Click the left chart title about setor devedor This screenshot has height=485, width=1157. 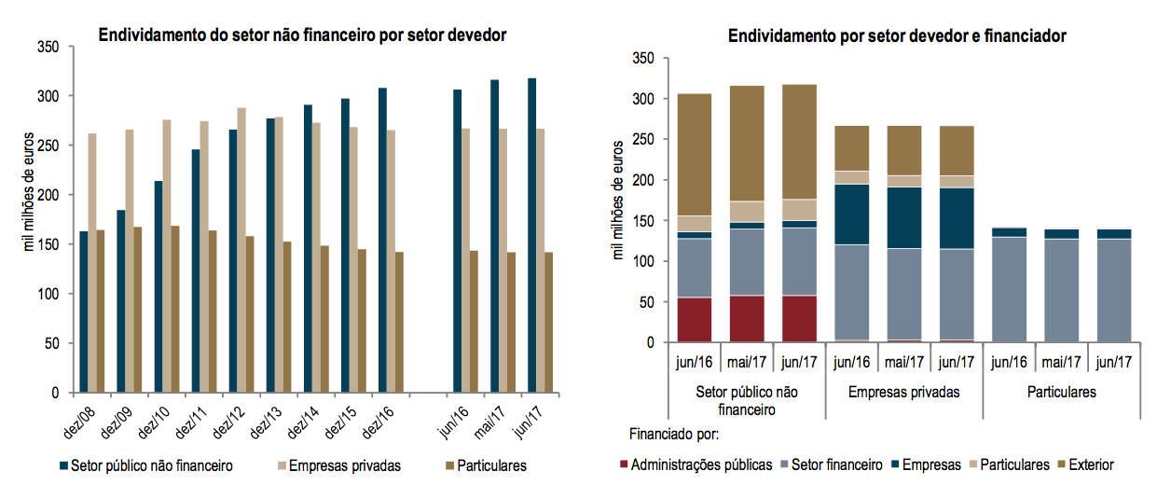[302, 36]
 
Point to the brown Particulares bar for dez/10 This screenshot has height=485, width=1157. [175, 309]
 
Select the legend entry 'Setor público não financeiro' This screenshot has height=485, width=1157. [145, 464]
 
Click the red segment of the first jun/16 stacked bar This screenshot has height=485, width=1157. [696, 320]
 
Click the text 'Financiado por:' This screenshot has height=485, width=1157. [674, 435]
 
